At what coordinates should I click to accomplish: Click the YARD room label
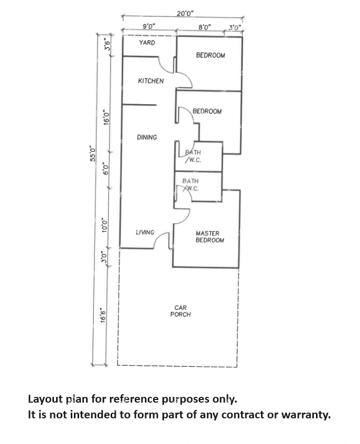pos(147,43)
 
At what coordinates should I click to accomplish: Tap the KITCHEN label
pos(151,81)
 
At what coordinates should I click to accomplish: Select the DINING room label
pos(147,137)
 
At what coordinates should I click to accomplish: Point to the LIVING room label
pos(145,232)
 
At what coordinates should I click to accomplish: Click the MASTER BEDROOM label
pos(210,237)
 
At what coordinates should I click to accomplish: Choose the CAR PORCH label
pos(181,311)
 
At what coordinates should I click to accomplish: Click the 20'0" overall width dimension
pos(185,13)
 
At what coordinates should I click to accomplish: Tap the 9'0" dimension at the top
pos(149,26)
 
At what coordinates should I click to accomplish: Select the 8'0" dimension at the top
pos(205,27)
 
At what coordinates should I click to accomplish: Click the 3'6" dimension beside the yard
pos(107,44)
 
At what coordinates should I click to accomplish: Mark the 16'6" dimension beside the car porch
pos(103,315)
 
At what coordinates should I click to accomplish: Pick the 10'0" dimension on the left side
pos(104,225)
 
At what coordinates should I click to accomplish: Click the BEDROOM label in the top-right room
pos(211,55)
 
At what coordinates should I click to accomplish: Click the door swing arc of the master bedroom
pos(182,216)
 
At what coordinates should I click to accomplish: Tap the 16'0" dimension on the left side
pos(106,117)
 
